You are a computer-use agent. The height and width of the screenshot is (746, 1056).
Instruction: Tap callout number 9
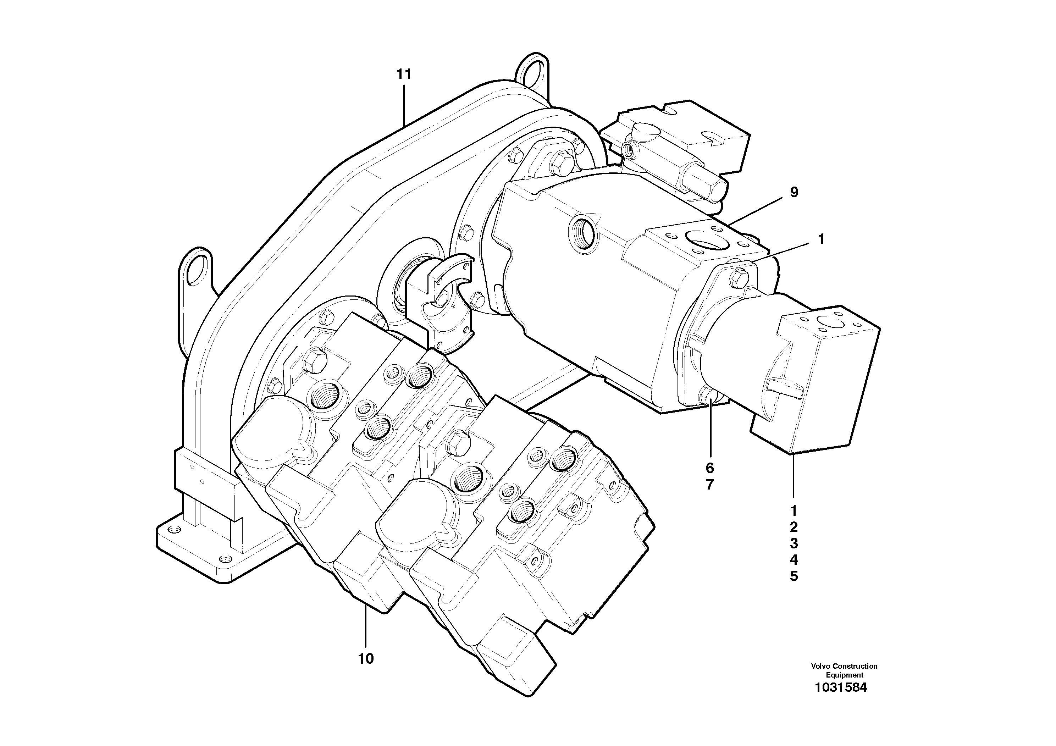794,192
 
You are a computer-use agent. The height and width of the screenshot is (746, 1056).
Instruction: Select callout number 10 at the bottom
366,659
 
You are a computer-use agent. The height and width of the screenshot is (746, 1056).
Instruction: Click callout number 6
710,468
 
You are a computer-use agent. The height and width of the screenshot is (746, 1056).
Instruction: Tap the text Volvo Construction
844,666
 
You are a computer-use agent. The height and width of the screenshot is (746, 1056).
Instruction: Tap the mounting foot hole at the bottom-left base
174,530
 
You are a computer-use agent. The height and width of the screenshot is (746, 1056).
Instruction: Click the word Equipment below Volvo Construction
844,675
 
